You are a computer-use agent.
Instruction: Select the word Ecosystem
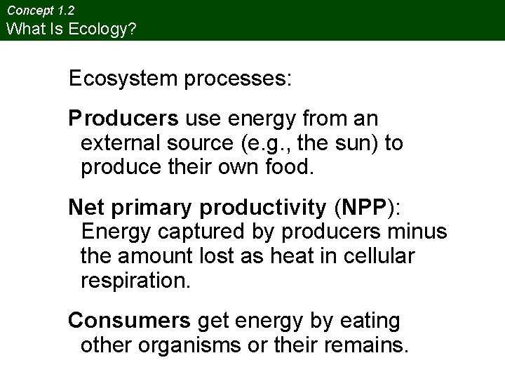(x=123, y=78)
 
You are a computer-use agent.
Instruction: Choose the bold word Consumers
(x=129, y=321)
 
